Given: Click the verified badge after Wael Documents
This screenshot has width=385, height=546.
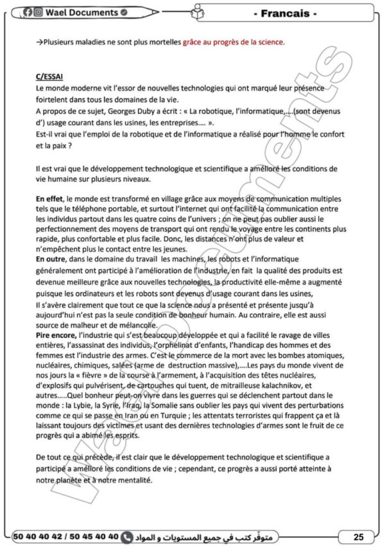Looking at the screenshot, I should pyautogui.click(x=123, y=12).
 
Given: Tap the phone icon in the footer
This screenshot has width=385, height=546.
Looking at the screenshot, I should pyautogui.click(x=127, y=534).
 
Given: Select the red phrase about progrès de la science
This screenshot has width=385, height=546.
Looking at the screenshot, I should pyautogui.click(x=233, y=42).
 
